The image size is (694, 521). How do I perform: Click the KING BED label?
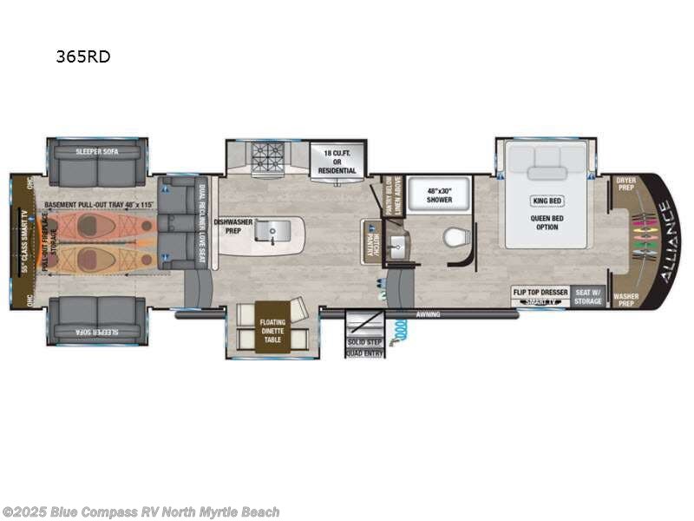tap(547, 201)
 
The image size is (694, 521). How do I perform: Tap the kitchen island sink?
tap(276, 231)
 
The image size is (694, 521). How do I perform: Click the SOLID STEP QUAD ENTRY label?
tap(364, 344)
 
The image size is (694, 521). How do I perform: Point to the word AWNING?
tap(429, 314)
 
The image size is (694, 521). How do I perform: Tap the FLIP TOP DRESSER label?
tap(540, 292)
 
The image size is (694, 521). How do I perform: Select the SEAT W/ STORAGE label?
tap(589, 296)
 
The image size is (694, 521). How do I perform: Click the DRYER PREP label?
tap(625, 184)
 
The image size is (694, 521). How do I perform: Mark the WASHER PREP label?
tap(625, 300)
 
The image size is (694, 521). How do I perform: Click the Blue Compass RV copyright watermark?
tap(141, 512)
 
